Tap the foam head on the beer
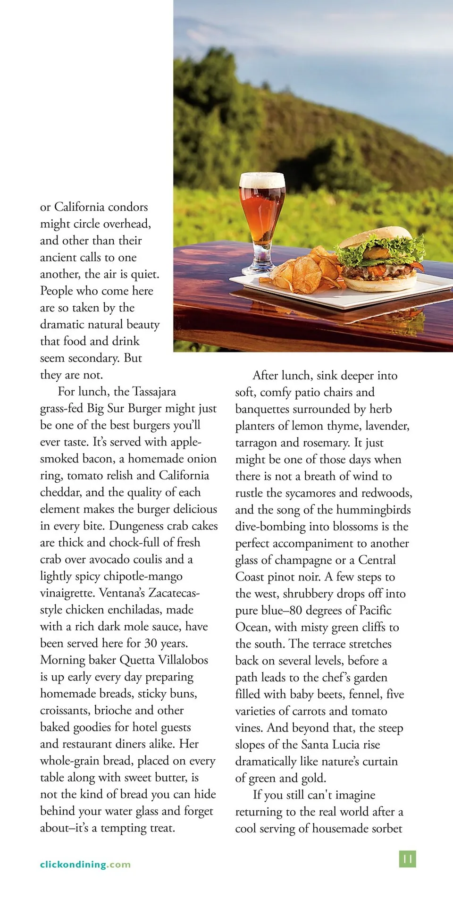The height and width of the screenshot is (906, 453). (x=262, y=180)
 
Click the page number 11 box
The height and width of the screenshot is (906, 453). (x=408, y=859)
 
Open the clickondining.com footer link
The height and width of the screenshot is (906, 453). (x=85, y=864)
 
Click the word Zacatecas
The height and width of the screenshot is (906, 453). (x=173, y=593)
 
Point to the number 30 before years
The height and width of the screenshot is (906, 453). (x=151, y=643)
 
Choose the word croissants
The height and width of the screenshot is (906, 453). (x=65, y=711)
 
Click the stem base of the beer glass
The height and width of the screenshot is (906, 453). (x=259, y=270)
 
